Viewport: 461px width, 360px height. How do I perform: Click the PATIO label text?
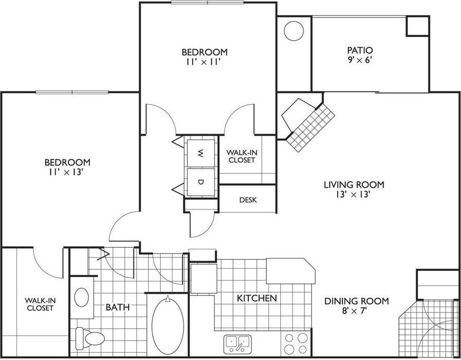359,50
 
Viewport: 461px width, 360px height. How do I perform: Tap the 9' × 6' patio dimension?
359,60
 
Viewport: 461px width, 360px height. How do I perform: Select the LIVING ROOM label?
354,185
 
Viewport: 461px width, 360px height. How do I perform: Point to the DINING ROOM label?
356,301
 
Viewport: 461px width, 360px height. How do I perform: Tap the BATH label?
117,307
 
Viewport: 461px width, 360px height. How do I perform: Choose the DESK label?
248,199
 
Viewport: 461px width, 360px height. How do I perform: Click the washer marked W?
201,152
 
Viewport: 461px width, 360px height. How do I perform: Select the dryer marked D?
201,182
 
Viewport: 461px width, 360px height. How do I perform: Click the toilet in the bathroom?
88,337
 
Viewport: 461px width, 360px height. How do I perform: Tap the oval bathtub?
167,323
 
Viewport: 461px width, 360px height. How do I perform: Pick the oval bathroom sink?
82,297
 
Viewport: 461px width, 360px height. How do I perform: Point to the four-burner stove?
296,343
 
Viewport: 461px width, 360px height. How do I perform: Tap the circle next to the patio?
294,31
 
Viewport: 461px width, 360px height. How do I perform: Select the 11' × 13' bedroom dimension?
64,172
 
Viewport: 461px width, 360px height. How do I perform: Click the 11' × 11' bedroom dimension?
204,62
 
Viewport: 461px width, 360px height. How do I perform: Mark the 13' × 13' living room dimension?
354,194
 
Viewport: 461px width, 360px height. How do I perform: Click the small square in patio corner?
417,26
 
